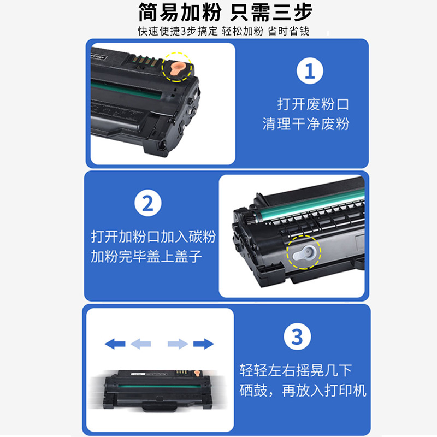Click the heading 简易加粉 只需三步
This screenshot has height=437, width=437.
tap(218, 13)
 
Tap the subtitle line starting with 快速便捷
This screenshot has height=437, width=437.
tap(223, 31)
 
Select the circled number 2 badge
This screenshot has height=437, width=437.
tap(148, 204)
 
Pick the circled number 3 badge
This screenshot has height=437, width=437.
tap(297, 336)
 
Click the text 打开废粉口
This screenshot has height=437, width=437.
tap(312, 104)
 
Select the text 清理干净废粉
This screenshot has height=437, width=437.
tap(306, 124)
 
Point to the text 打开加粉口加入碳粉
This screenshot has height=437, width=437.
tap(153, 237)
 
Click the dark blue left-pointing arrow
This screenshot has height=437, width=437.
tap(115, 344)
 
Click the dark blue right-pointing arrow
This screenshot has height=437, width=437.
tap(203, 344)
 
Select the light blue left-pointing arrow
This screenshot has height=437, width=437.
tap(141, 344)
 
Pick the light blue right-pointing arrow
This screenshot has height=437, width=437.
tap(178, 344)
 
